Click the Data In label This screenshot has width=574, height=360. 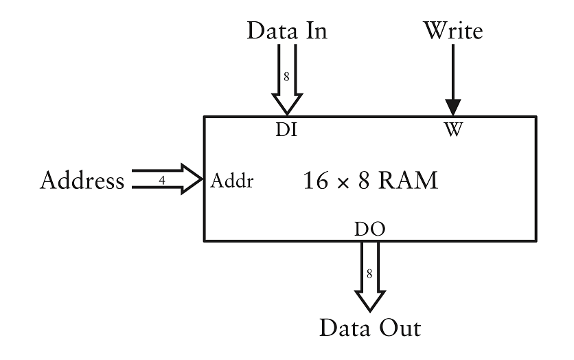(x=286, y=30)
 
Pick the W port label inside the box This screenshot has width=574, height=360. (x=452, y=128)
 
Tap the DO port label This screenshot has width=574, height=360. (x=369, y=229)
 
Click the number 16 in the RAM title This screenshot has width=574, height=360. (x=317, y=181)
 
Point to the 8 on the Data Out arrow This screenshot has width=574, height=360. (x=369, y=273)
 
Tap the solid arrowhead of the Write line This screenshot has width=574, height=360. (x=452, y=107)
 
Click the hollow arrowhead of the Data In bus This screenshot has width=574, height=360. (x=286, y=103)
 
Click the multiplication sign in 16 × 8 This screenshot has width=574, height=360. (x=341, y=183)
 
